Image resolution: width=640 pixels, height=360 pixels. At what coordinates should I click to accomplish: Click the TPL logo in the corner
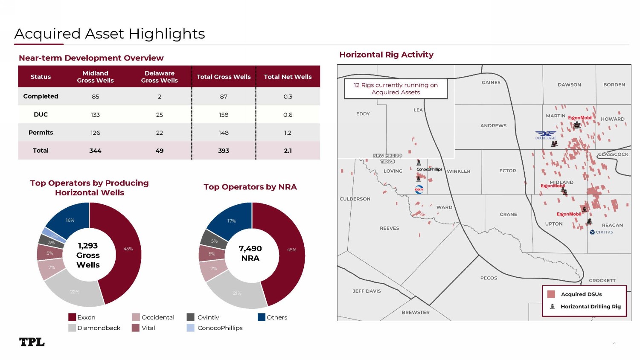[x=32, y=342]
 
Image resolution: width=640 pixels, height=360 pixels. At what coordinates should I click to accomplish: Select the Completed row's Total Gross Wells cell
[x=224, y=96]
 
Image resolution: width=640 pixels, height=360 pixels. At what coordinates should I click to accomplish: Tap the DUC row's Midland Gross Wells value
[x=95, y=115]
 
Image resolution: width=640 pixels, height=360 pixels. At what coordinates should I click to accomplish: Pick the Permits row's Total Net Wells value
[x=288, y=133]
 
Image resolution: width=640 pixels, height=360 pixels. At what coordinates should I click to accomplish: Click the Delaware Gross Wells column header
[x=159, y=77]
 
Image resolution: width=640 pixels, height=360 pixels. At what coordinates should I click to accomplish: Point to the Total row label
[x=41, y=151]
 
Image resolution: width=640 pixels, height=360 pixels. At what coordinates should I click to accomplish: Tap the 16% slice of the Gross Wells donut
[x=70, y=220]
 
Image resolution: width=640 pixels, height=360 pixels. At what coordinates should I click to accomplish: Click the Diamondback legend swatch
[x=72, y=328]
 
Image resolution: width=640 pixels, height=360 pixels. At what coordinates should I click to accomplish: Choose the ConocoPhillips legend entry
[x=220, y=328]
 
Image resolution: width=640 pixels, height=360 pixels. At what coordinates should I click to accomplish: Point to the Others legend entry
[x=276, y=317]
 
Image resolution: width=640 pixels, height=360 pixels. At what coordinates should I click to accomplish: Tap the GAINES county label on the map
[x=491, y=83]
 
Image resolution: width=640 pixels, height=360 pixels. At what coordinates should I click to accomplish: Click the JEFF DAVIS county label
[x=367, y=291]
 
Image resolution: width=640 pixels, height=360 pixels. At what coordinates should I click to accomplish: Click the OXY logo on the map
[x=419, y=189]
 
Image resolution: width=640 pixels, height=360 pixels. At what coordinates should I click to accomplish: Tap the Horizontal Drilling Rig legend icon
[x=552, y=307]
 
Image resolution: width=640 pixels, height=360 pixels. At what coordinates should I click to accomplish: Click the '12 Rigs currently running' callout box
[x=396, y=89]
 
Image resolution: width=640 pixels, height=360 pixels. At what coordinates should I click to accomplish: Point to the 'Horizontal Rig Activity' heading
[x=386, y=55]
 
